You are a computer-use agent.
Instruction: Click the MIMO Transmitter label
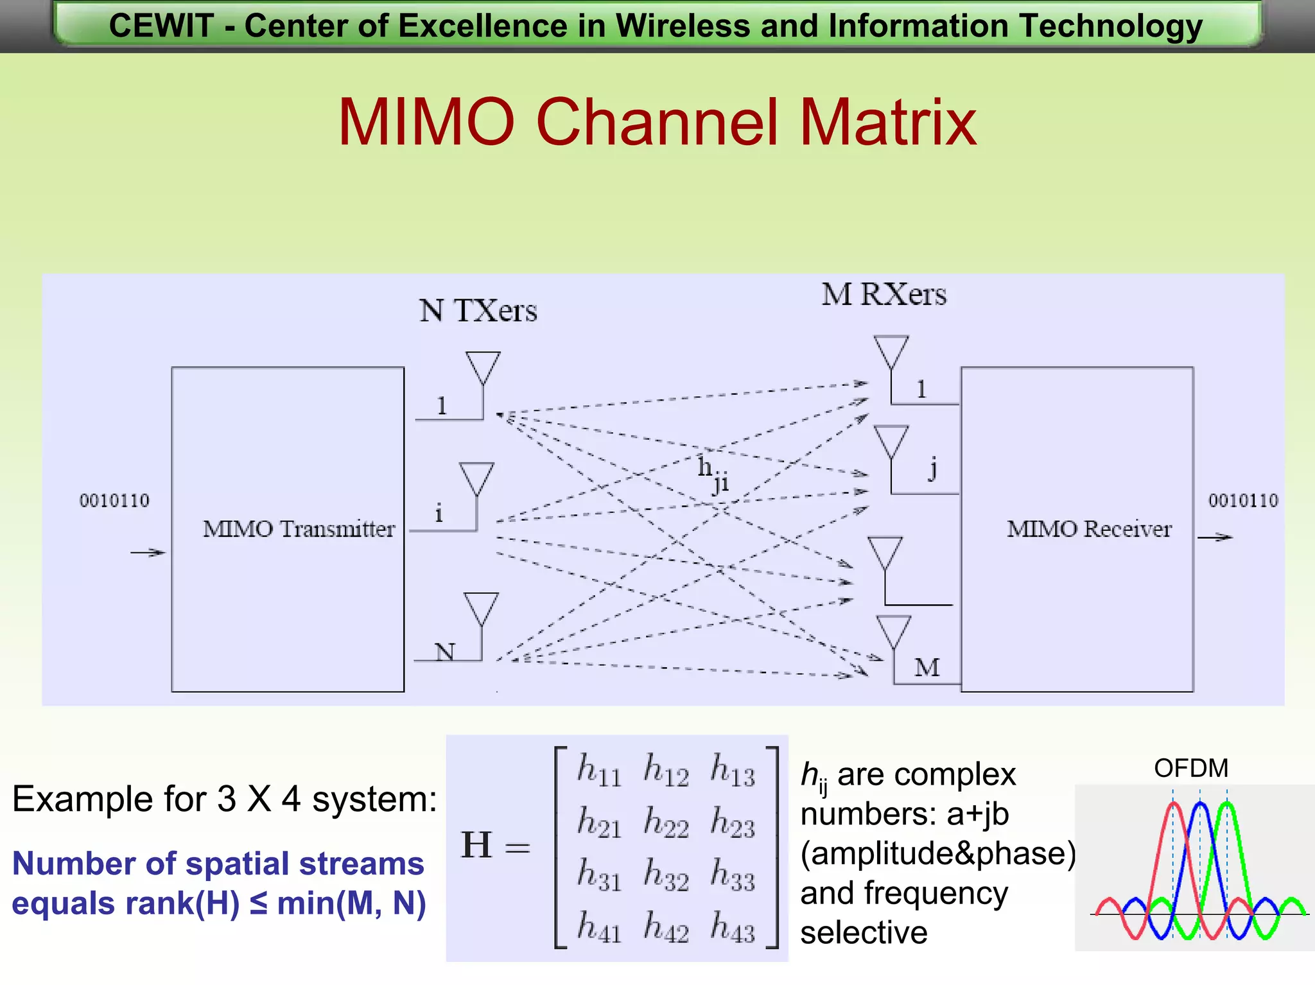click(299, 529)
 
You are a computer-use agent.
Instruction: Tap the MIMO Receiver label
click(1089, 529)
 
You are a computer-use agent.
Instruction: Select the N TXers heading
click(478, 311)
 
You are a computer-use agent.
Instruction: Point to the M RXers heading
click(884, 295)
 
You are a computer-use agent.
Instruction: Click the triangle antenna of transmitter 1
click(483, 366)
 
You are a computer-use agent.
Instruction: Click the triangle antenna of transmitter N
click(481, 607)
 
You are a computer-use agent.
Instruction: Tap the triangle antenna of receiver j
click(891, 440)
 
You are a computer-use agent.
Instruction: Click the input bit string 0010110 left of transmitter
click(114, 501)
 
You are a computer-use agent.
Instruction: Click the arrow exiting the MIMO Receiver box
click(1215, 537)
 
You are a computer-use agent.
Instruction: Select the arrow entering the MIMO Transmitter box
click(148, 552)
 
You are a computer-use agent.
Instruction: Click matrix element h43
click(733, 928)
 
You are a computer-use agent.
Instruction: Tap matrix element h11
click(599, 770)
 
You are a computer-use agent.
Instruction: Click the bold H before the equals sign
click(476, 845)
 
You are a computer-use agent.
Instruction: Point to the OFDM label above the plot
click(1190, 768)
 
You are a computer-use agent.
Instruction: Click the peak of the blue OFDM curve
click(1200, 804)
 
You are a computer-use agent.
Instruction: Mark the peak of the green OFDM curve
click(1227, 804)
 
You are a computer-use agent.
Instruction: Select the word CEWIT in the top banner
click(161, 26)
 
